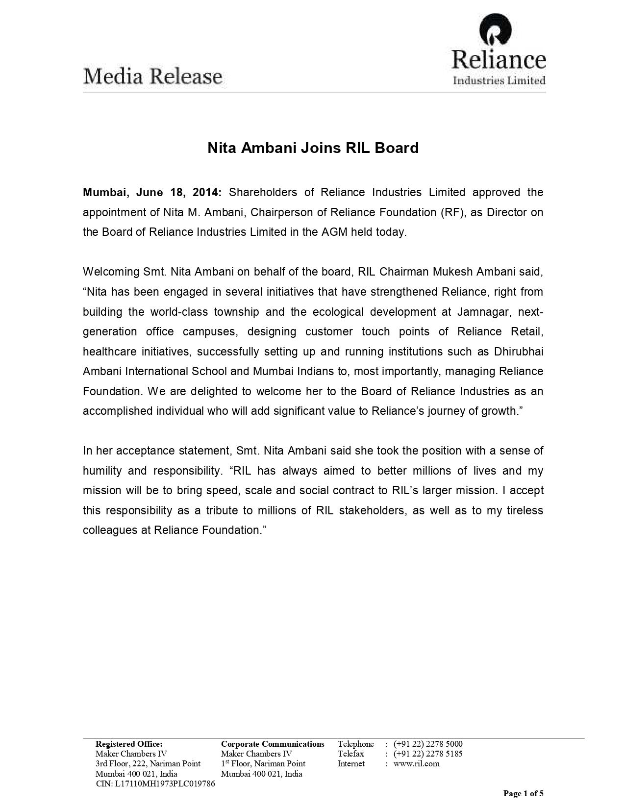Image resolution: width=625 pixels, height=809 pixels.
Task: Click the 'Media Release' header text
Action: coord(152,77)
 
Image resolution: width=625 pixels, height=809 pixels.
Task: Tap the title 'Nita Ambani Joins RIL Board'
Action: coord(313,148)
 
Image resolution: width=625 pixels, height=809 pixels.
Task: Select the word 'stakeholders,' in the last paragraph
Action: coord(372,510)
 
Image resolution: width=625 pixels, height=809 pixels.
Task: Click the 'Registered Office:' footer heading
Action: coord(129,744)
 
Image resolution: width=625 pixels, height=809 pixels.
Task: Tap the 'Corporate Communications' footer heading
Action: coord(273,744)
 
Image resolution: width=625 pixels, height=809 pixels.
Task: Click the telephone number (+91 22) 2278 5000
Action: coord(428,744)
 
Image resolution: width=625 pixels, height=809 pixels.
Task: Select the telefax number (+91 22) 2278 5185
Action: coord(428,754)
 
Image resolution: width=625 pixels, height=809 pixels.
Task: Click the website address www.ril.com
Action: coord(416,763)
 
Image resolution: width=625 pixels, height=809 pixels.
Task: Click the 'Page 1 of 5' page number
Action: coord(524,793)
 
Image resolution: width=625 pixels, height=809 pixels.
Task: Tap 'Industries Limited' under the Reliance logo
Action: coord(499,80)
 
